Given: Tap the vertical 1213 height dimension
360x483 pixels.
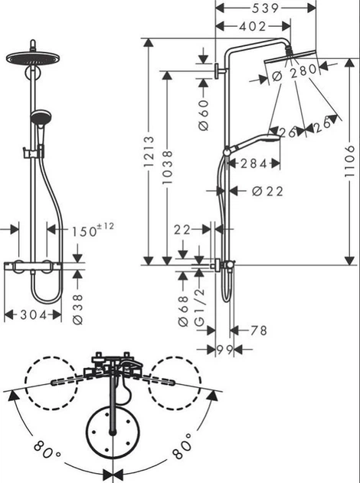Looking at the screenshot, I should point(149,153).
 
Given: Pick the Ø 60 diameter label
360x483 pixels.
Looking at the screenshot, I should point(205,113).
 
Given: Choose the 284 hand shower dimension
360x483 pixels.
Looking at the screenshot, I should point(252,163).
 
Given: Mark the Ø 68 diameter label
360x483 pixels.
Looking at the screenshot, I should point(184,310).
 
